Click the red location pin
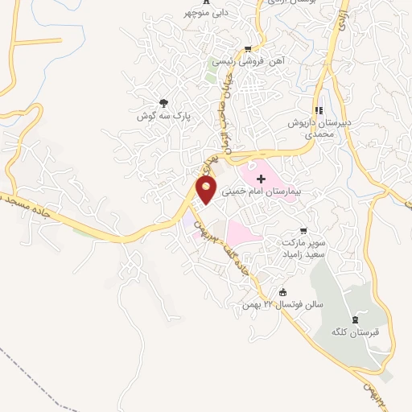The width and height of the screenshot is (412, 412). [x=206, y=189]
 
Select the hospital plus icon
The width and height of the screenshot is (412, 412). [x=259, y=177]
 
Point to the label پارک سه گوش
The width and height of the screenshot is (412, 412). [x=164, y=116]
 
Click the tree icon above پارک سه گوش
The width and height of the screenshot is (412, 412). [x=164, y=102]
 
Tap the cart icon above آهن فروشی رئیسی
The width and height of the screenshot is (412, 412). [x=247, y=48]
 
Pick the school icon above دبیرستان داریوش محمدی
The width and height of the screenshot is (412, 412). [x=319, y=110]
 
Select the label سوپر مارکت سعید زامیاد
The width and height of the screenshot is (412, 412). [x=302, y=247]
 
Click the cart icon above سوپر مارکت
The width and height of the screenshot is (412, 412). [x=303, y=229]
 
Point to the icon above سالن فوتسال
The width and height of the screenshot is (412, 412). [x=282, y=292]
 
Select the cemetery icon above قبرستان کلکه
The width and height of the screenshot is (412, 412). [x=357, y=318]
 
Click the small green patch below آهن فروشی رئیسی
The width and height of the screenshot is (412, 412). [x=210, y=78]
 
